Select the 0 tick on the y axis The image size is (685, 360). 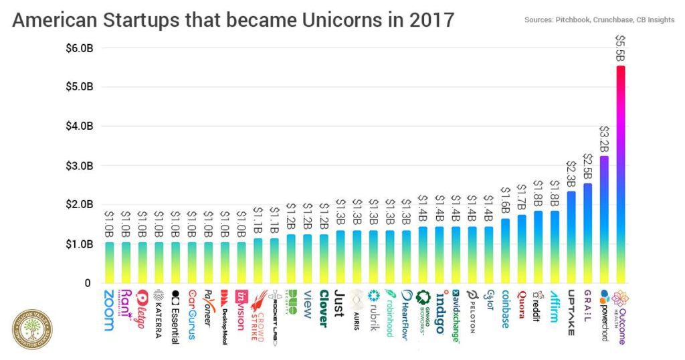pyautogui.click(x=86, y=283)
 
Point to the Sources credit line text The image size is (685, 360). pyautogui.click(x=600, y=21)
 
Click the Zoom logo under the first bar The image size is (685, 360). pyautogui.click(x=109, y=310)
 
